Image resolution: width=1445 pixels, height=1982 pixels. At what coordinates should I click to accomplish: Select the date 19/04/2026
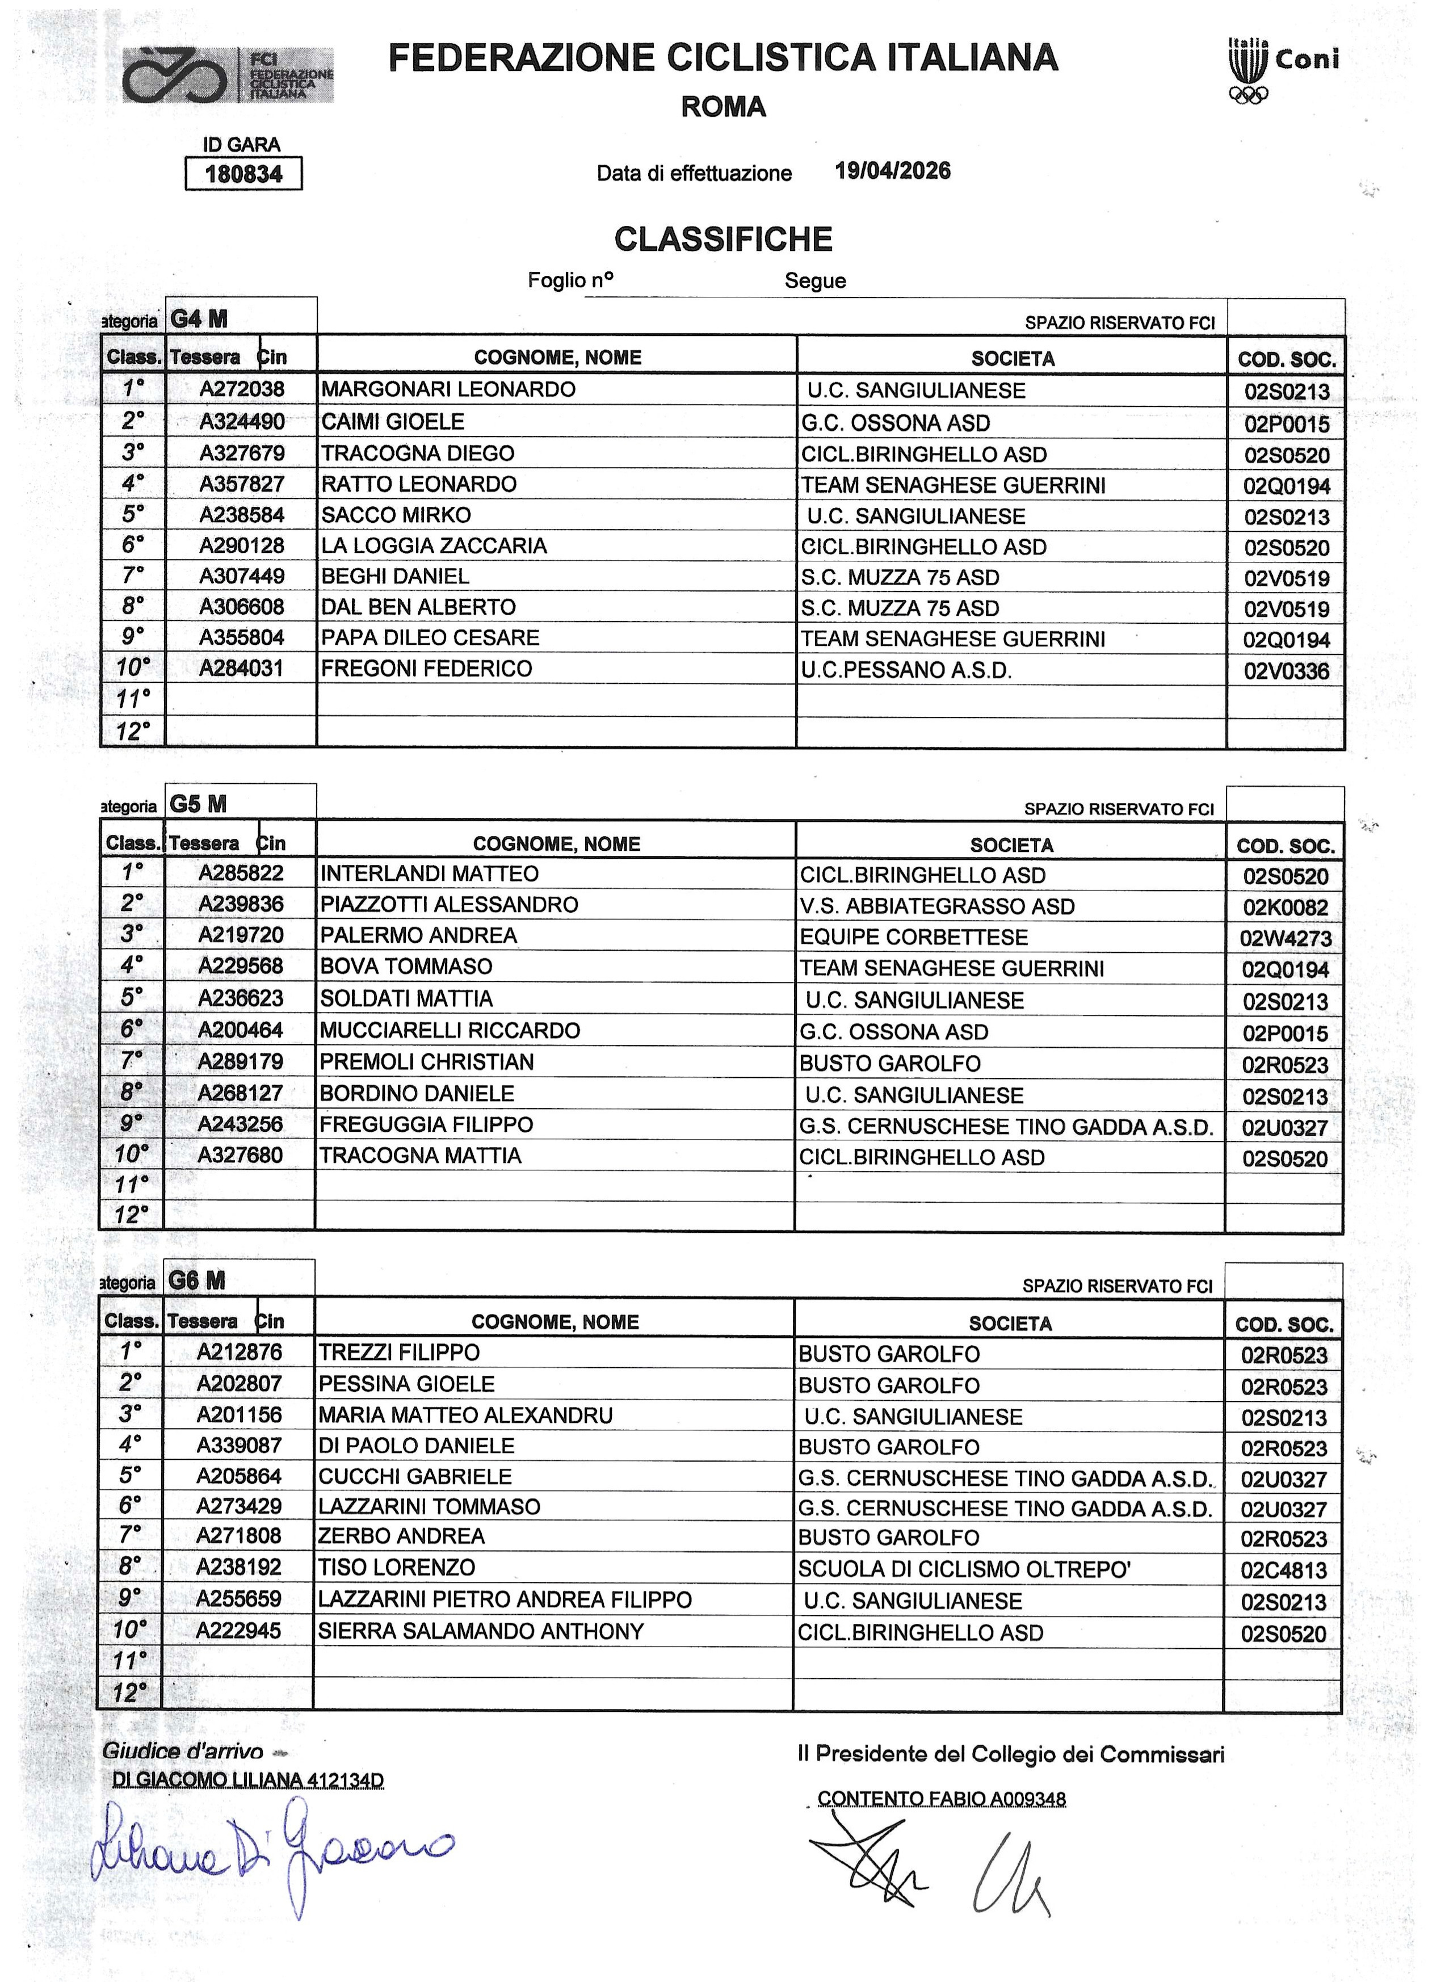click(x=892, y=171)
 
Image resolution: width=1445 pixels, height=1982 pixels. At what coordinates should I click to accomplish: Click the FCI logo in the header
click(x=228, y=75)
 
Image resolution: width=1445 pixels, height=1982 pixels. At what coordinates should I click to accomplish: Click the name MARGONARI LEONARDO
click(x=448, y=389)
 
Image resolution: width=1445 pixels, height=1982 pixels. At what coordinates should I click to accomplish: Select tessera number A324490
click(x=241, y=422)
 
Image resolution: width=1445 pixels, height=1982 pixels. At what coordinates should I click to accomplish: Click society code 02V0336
click(x=1286, y=671)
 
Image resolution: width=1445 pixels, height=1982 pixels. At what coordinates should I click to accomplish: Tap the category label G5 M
click(x=199, y=804)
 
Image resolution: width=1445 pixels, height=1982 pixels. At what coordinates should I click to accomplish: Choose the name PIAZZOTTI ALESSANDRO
click(x=449, y=904)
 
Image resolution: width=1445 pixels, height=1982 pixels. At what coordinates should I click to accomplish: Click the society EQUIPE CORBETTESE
click(x=913, y=937)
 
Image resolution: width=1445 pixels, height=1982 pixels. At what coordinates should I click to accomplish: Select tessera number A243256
click(x=241, y=1124)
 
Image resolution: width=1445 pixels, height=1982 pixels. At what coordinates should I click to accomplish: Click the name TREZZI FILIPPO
click(x=399, y=1352)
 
